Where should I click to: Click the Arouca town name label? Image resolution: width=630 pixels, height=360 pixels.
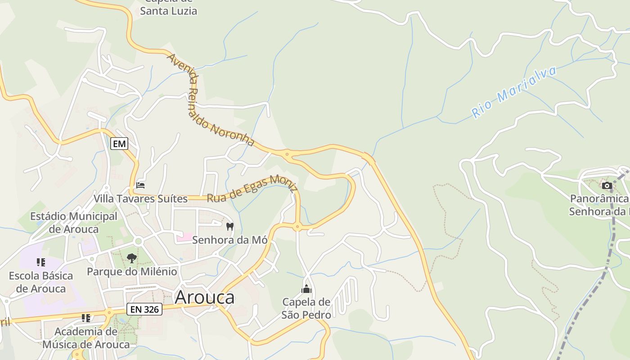point(205,297)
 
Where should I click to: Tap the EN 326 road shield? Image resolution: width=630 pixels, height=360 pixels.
point(144,309)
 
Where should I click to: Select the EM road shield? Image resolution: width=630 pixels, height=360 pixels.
point(119,144)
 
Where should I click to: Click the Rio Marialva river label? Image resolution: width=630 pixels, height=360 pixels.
point(514,92)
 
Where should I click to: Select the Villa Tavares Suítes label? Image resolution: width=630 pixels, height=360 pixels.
point(140,198)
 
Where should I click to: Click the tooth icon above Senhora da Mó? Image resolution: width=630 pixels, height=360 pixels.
point(230,226)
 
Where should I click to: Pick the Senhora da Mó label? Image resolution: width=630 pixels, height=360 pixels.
point(230,240)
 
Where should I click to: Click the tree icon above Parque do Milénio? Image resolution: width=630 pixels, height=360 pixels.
point(131,258)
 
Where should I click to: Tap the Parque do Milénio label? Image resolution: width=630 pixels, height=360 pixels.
point(132,272)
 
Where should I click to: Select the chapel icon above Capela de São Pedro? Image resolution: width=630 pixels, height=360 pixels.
point(306,289)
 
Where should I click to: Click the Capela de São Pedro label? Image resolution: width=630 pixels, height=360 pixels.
point(306,308)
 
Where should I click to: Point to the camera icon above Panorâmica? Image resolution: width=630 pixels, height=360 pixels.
point(607,185)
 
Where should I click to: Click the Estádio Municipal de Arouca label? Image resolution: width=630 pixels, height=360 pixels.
point(74,223)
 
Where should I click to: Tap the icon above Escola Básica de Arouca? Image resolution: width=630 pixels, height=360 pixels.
point(41,262)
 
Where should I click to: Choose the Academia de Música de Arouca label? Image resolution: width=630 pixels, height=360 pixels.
point(86,338)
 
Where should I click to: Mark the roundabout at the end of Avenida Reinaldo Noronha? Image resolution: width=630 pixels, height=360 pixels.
point(287,154)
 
